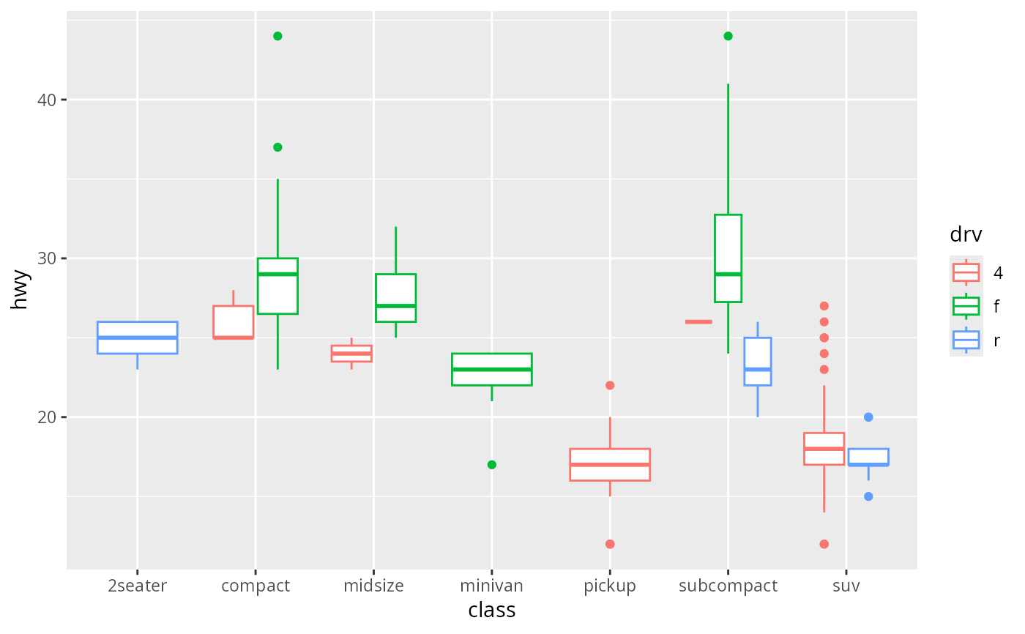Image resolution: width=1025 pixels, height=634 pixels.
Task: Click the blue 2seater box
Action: coord(138,337)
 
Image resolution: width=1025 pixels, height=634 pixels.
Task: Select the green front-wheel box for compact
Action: coord(277,286)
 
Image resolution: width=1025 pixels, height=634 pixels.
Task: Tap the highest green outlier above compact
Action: coord(277,36)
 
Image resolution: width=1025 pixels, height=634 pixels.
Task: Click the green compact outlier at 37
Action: coord(277,147)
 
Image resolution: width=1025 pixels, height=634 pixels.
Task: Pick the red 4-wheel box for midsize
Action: coord(351,354)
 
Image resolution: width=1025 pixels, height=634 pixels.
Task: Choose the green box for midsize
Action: coord(395,298)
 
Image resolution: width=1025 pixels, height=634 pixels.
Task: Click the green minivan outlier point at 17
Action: coord(492,465)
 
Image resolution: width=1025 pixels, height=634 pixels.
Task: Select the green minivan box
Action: coord(492,369)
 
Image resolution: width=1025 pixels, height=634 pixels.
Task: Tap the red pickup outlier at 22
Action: coord(610,385)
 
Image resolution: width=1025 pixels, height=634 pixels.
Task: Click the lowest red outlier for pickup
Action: coord(610,544)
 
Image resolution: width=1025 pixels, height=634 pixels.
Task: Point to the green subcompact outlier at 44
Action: coord(728,36)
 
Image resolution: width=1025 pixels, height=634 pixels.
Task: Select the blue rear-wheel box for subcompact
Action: coord(757,362)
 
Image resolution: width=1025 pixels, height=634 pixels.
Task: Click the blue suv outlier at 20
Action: coord(868,417)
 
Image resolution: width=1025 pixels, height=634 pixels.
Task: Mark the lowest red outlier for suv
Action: coord(824,544)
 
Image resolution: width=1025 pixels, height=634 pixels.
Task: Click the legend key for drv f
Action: coord(966,306)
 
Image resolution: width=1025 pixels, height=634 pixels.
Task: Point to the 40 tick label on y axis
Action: coord(48,100)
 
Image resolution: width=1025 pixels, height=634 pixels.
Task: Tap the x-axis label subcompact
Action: coord(728,586)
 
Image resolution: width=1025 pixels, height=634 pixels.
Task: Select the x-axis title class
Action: coord(492,611)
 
